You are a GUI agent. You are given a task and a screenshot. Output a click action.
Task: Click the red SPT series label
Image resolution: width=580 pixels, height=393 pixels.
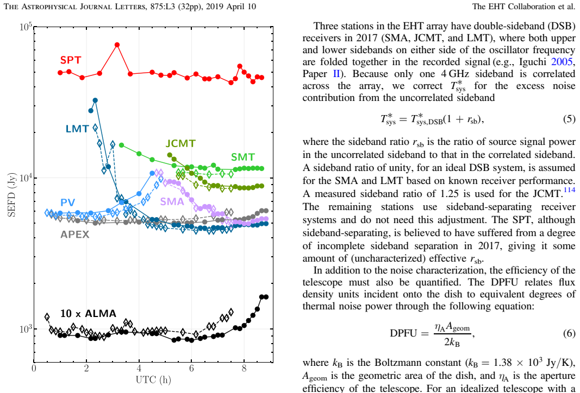pos(71,60)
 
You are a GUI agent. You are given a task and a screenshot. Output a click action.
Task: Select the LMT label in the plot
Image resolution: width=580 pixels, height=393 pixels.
pos(77,129)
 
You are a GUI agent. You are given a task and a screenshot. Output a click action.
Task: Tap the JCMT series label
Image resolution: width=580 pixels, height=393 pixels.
pos(180,143)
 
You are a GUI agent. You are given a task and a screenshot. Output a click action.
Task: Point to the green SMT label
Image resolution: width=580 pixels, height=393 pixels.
pos(243,157)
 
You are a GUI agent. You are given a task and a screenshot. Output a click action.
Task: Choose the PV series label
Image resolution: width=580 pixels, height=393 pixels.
pos(68,202)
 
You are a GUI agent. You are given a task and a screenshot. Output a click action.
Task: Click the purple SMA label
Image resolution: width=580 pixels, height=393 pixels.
pos(172,201)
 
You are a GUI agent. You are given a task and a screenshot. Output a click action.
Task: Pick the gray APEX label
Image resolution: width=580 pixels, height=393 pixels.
pos(75,234)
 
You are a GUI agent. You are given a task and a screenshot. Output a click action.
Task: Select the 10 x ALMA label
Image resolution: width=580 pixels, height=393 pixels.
pos(88,314)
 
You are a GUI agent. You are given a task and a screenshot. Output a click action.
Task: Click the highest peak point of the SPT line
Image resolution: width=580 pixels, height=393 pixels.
pos(117,45)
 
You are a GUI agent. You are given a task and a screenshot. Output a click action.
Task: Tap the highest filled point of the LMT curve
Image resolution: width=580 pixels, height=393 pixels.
pos(95,100)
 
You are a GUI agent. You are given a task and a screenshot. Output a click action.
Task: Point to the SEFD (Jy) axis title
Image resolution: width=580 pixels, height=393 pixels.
pos(11,195)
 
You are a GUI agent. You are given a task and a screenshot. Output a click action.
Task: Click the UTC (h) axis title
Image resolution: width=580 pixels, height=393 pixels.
pos(153,380)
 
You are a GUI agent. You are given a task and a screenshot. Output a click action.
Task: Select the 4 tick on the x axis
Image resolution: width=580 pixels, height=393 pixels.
pos(139,368)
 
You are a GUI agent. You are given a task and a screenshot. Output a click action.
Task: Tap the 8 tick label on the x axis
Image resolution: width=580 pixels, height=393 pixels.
pos(244,368)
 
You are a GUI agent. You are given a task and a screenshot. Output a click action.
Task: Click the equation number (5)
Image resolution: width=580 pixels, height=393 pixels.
pos(569,119)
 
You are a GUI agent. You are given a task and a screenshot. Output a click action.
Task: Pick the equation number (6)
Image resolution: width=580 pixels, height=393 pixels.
pos(569,333)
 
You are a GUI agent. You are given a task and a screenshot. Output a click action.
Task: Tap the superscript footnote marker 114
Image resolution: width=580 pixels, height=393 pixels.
pos(570,190)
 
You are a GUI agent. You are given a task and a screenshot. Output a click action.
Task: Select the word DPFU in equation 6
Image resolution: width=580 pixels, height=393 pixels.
pos(403,333)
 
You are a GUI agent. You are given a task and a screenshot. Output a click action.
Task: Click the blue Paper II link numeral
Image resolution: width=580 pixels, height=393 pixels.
pos(336,74)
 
